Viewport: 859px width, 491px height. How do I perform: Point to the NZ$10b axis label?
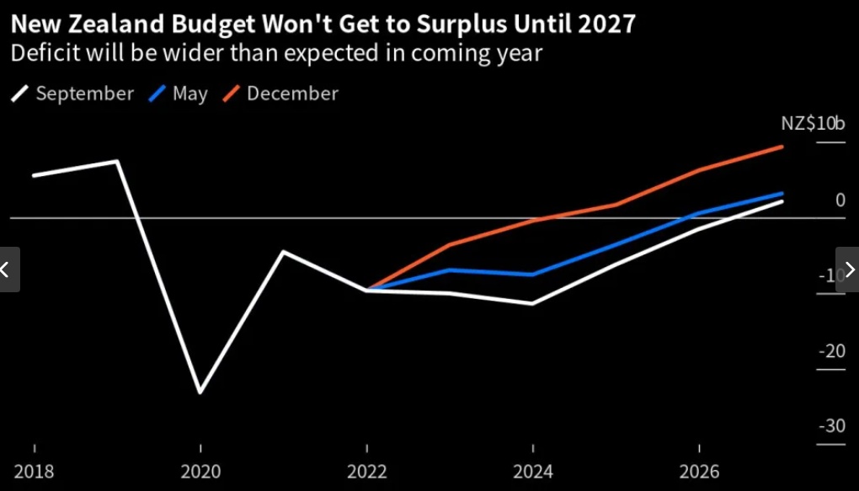[x=813, y=124]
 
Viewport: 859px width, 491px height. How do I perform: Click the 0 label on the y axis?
[x=840, y=200]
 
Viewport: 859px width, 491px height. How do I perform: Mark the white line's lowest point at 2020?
[x=200, y=392]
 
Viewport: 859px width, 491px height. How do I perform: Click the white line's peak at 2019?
[x=116, y=161]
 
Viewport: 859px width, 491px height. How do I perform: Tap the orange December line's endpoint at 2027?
[x=782, y=147]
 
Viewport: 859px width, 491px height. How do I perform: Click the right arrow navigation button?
[x=848, y=270]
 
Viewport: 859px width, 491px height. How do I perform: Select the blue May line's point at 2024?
[x=532, y=275]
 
